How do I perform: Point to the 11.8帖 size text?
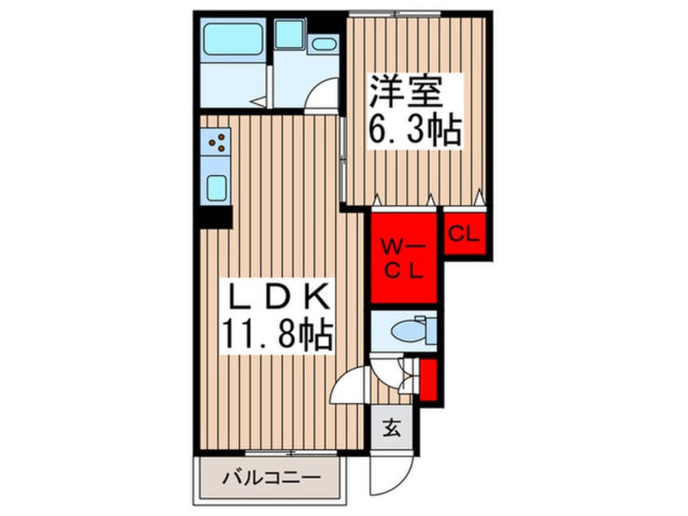(279, 334)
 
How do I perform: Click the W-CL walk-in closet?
(404, 257)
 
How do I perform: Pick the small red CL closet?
(464, 235)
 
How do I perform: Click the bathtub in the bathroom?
(233, 37)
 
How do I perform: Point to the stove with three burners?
(217, 143)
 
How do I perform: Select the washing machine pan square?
(289, 34)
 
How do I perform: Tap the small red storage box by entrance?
(429, 381)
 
